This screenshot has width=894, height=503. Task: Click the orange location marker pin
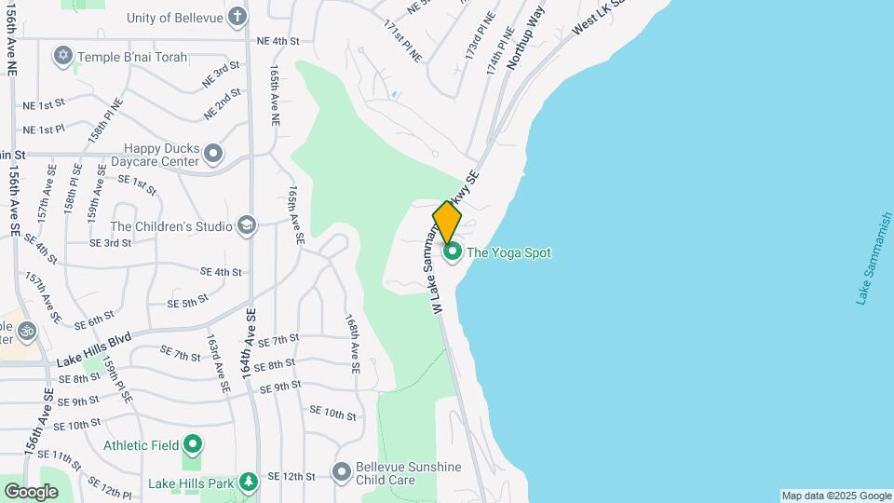pos(447,223)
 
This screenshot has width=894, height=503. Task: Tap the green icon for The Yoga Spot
pos(453,251)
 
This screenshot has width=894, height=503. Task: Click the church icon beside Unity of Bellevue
pos(237,16)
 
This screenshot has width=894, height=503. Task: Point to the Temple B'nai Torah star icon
pos(63,57)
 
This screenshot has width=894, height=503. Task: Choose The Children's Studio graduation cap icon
pos(246,225)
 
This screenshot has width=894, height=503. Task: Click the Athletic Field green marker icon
pos(193,445)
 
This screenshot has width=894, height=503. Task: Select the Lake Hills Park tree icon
pos(248,483)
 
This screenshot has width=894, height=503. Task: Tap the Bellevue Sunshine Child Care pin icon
pos(342,473)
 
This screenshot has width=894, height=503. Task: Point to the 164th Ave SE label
pos(248,343)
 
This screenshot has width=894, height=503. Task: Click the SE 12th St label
pos(291,476)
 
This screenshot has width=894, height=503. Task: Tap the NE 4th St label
pos(278,41)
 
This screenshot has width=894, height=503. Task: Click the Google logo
pos(31,492)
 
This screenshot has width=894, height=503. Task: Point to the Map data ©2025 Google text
pos(836,496)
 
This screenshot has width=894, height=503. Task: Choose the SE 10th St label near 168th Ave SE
pos(332,413)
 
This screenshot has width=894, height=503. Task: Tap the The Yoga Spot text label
pos(508,252)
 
